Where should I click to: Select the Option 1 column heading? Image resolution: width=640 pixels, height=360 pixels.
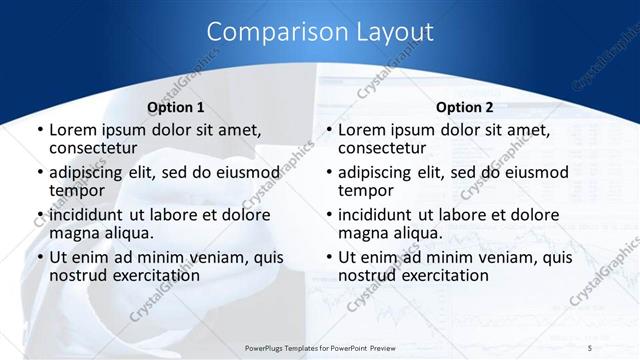(175, 107)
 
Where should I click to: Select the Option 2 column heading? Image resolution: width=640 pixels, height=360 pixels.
(464, 107)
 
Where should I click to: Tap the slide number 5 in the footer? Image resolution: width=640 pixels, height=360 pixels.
(589, 347)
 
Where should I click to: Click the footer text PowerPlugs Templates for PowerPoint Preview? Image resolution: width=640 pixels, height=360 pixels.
(314, 347)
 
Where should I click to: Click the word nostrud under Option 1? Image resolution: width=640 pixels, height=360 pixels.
(76, 275)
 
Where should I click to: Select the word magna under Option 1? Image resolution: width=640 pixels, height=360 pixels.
(72, 233)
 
